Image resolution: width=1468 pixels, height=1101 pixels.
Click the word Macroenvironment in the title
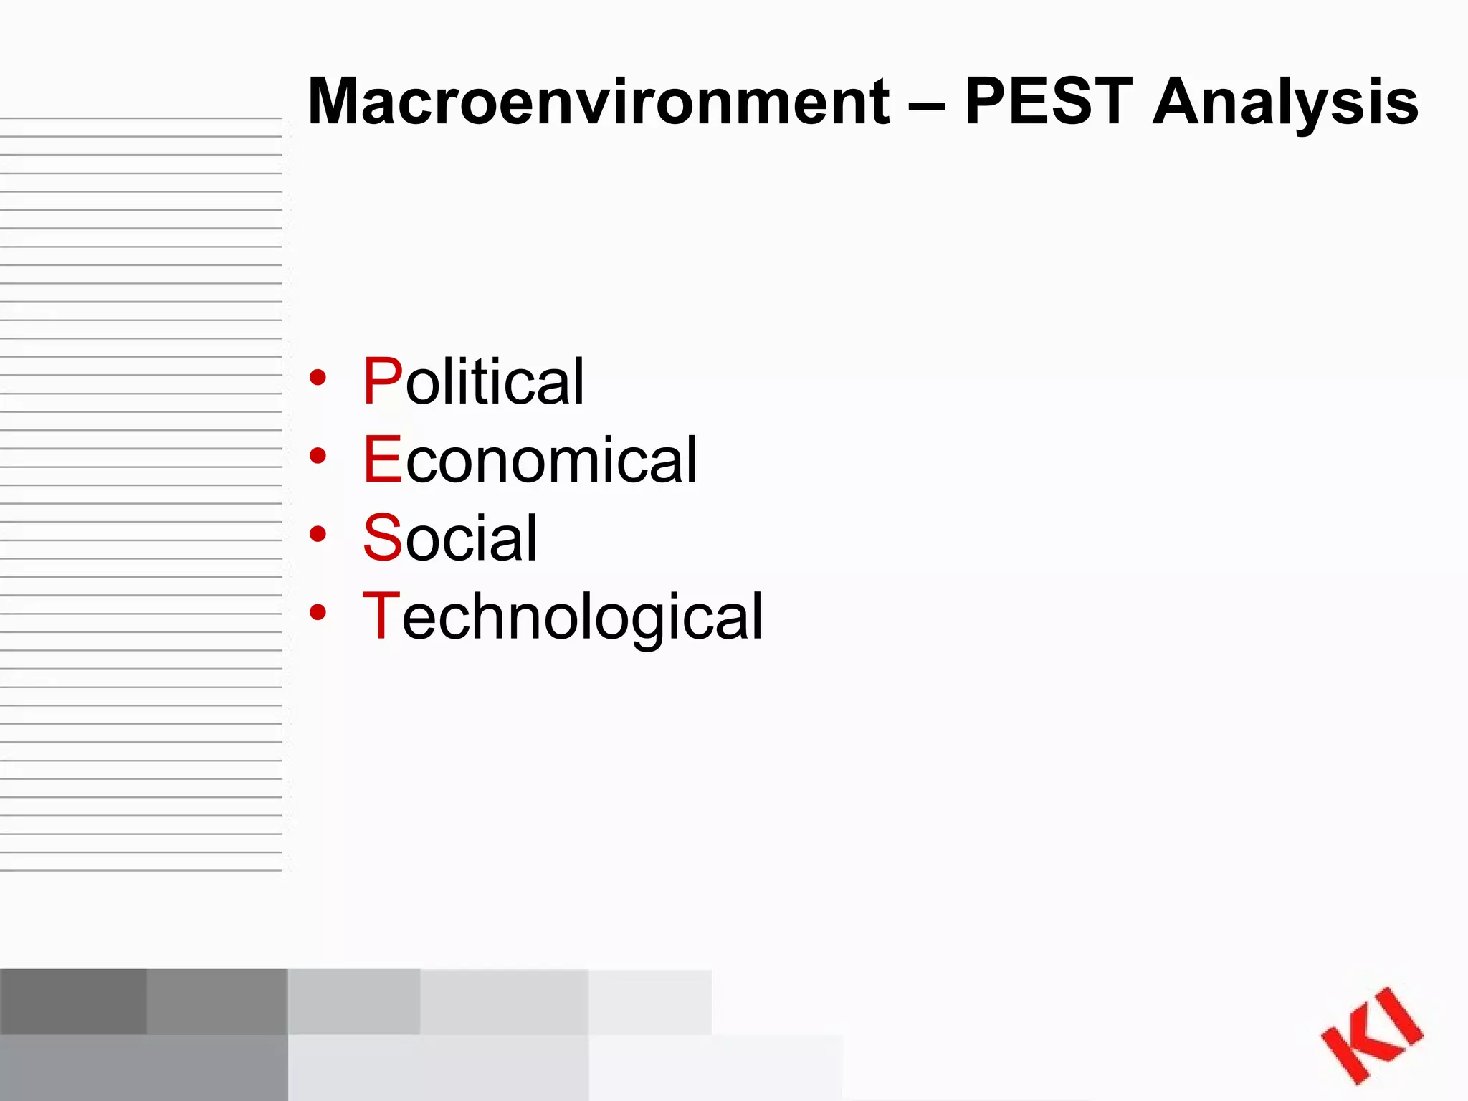click(x=599, y=102)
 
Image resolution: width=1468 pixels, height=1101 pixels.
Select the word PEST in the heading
click(x=1048, y=102)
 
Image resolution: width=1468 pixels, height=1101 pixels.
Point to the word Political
click(x=473, y=381)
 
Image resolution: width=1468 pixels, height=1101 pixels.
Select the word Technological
click(x=563, y=616)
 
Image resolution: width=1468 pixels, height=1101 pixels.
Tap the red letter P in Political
click(x=383, y=381)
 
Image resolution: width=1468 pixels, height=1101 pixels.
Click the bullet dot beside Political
click(x=318, y=377)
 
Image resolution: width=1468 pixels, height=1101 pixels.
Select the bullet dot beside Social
click(x=318, y=534)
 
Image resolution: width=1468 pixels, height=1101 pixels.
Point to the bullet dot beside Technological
click(x=318, y=612)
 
